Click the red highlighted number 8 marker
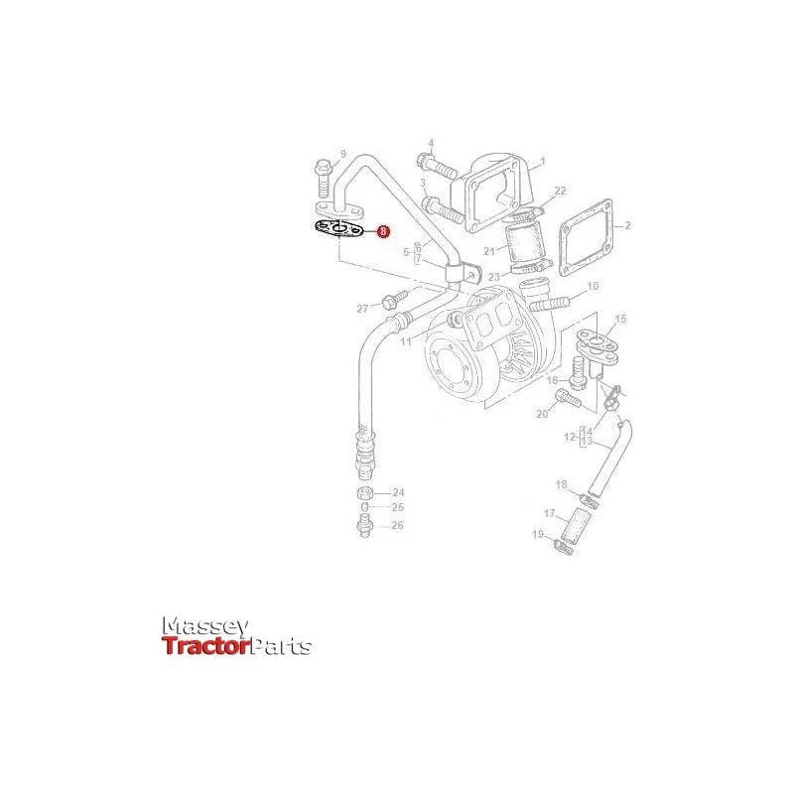(x=384, y=232)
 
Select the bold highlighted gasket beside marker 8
(x=337, y=230)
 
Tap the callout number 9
(x=342, y=154)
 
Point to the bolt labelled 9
(x=323, y=180)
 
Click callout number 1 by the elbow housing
(x=543, y=162)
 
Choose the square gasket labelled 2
(x=586, y=237)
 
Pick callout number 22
(x=560, y=191)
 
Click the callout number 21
(x=489, y=251)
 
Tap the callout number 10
(x=593, y=286)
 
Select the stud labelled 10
(x=550, y=304)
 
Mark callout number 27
(x=362, y=309)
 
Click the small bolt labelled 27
(x=395, y=299)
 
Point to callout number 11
(x=406, y=341)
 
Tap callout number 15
(x=620, y=319)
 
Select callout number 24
(x=399, y=492)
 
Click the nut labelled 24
(x=365, y=492)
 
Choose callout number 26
(x=398, y=525)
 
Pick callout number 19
(x=538, y=534)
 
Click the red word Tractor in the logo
(x=206, y=646)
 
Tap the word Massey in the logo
(x=205, y=627)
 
